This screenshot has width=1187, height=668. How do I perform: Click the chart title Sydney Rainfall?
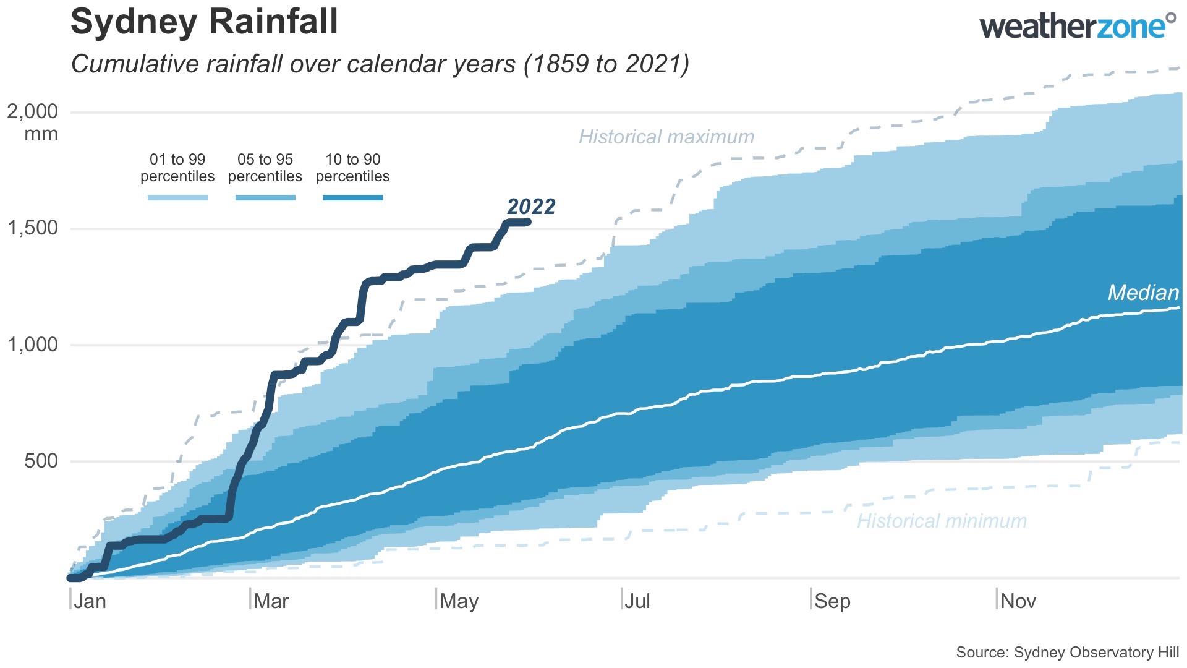pos(204,22)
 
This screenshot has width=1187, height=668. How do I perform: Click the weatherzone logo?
pos(1077,27)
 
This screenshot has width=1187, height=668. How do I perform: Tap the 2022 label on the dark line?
pos(531,207)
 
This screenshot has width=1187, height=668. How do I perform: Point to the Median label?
pos(1142,293)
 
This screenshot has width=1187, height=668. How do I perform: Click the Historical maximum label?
pos(666,137)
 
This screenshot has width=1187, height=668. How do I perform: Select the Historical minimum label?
pos(941,521)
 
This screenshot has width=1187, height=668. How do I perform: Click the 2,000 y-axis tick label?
pos(33,112)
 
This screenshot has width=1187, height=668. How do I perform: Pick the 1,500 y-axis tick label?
pos(33,228)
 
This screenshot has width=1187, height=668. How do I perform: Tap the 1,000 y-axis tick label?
pos(33,345)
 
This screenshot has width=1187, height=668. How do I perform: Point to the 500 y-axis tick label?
pos(41,461)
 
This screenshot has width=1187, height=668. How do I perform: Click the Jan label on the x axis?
pos(90,601)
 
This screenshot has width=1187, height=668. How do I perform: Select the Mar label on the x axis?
pos(271,601)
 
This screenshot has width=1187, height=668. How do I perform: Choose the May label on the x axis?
pos(459,601)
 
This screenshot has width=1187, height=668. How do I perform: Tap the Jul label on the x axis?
pos(637,601)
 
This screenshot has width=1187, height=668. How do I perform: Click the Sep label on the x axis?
pos(832,601)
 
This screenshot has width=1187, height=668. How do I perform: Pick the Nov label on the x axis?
pos(1018,601)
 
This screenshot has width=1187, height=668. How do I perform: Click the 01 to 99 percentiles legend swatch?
pos(177,198)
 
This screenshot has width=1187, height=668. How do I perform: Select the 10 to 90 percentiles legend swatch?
pos(352,198)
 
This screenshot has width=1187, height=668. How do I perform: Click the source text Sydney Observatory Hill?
pos(1067,653)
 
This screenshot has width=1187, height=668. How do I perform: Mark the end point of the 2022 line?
pos(528,221)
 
